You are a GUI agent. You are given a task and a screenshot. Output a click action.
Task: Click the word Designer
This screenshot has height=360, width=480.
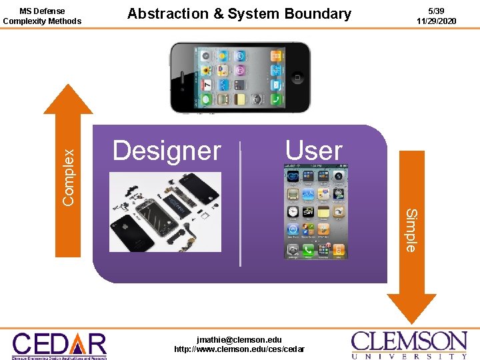coord(167,151)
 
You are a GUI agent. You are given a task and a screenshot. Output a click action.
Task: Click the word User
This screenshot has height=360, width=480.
coord(313,150)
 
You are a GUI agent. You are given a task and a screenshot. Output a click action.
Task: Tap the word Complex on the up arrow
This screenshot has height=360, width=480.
coord(68,176)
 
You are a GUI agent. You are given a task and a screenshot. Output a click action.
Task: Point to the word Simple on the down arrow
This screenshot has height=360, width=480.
coord(411,231)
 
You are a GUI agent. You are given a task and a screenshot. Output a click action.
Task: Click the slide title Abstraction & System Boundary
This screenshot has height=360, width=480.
coord(239,13)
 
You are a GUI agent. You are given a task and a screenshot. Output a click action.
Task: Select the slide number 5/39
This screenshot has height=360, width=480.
coord(437,11)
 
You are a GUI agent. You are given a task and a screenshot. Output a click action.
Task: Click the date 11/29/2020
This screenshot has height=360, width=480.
coord(437,21)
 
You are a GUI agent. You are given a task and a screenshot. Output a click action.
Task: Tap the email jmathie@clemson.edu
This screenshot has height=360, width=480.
coord(239,339)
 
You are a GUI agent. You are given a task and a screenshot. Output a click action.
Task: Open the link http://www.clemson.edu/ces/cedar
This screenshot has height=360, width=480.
coord(239,349)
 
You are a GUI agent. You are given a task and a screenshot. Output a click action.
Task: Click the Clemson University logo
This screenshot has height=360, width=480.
coord(409,345)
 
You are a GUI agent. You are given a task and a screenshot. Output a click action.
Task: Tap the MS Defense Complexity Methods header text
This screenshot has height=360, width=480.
coord(42,16)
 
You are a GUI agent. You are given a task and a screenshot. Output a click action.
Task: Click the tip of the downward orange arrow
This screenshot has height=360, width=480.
coord(411,322)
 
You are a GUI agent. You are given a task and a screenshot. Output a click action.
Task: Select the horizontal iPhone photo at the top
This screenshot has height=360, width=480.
coord(240,77)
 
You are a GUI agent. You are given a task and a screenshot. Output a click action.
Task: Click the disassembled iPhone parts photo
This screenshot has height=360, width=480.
coord(165,212)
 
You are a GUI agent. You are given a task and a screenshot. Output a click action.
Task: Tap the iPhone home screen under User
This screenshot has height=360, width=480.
coord(316,213)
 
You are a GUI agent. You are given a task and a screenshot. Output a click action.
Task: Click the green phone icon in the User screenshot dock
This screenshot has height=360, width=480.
coord(308,251)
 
